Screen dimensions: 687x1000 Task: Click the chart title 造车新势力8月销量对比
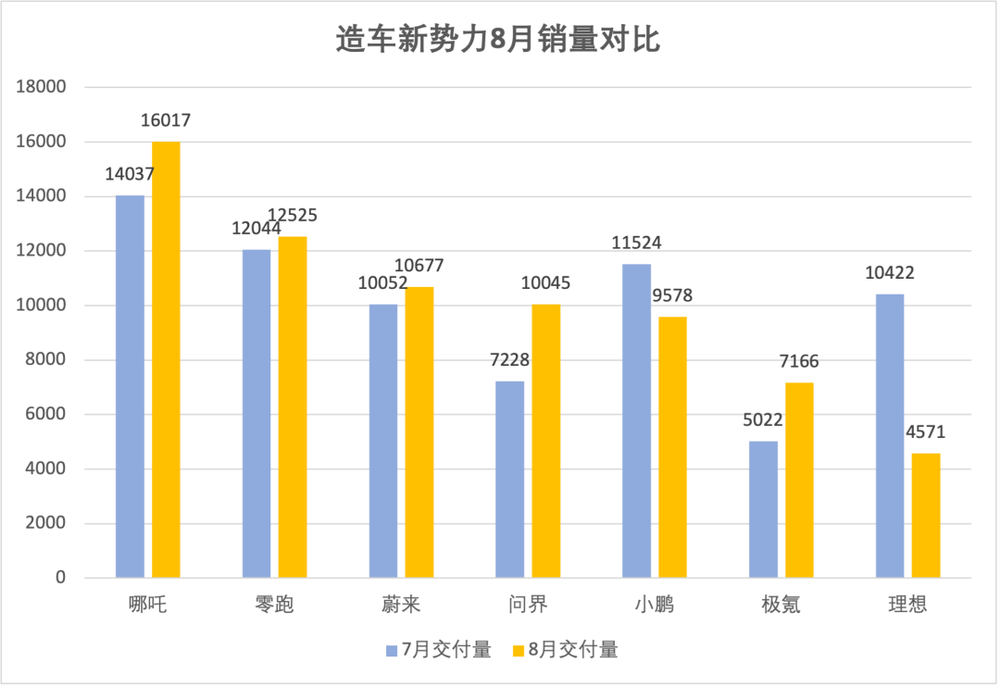498,41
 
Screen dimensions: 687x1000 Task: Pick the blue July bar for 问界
509,479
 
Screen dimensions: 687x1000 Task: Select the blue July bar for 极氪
763,509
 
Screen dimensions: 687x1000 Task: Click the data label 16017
166,121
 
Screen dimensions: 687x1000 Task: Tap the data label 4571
925,432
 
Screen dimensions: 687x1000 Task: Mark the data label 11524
636,244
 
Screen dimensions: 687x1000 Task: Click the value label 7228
509,360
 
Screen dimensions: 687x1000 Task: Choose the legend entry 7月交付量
439,650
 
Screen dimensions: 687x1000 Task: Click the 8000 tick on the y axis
49,360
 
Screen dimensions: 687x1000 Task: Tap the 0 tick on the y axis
61,578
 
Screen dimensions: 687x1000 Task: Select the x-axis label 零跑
274,606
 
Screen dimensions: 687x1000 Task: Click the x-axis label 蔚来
401,606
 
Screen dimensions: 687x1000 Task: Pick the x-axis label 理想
907,606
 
